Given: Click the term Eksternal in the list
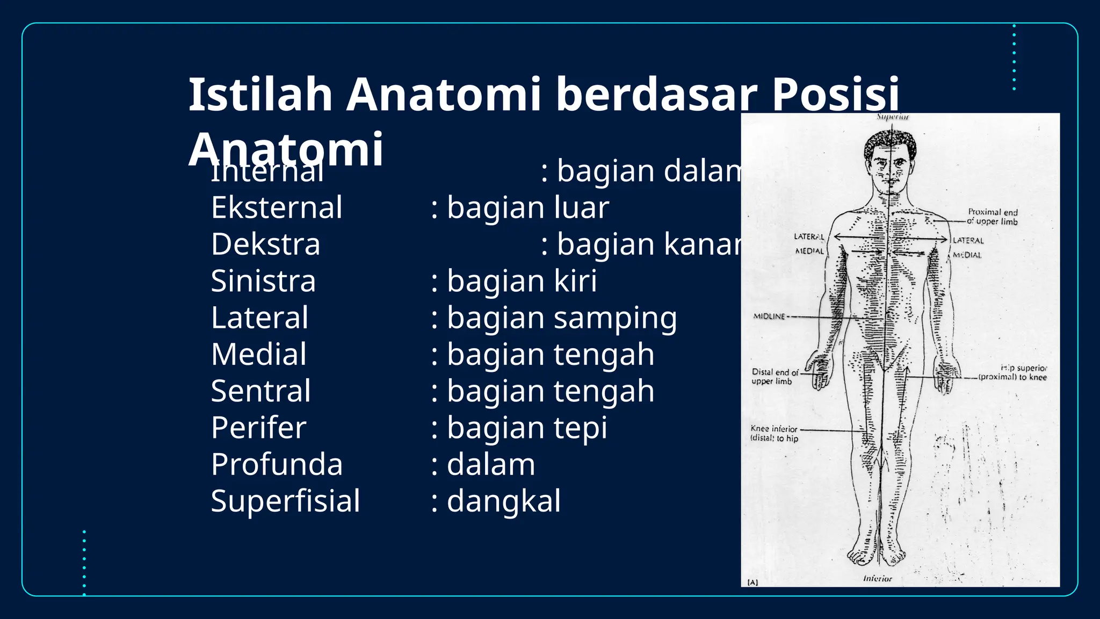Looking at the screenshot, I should pyautogui.click(x=277, y=208).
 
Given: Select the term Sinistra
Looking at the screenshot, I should pyautogui.click(x=263, y=281).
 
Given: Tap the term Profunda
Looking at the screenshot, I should pyautogui.click(x=277, y=465).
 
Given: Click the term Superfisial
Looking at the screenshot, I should pyautogui.click(x=285, y=501).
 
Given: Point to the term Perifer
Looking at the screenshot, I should pyautogui.click(x=258, y=428).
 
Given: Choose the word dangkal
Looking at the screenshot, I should pyautogui.click(x=504, y=501).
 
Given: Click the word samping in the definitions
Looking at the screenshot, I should pyautogui.click(x=616, y=319).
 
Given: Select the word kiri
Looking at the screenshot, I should pyautogui.click(x=575, y=281).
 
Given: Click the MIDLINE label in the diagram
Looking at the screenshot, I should pyautogui.click(x=769, y=316).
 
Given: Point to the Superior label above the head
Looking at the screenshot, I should pyautogui.click(x=893, y=117).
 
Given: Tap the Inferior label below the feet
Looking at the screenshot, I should pyautogui.click(x=878, y=579).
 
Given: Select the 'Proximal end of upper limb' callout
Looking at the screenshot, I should pyautogui.click(x=993, y=217).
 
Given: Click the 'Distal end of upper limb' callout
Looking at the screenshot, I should pyautogui.click(x=774, y=376).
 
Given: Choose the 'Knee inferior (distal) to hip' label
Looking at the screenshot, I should pyautogui.click(x=774, y=433).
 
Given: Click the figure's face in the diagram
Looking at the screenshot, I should pyautogui.click(x=890, y=167).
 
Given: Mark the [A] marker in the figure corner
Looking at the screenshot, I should pyautogui.click(x=752, y=582).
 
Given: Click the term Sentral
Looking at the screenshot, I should pyautogui.click(x=260, y=392).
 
